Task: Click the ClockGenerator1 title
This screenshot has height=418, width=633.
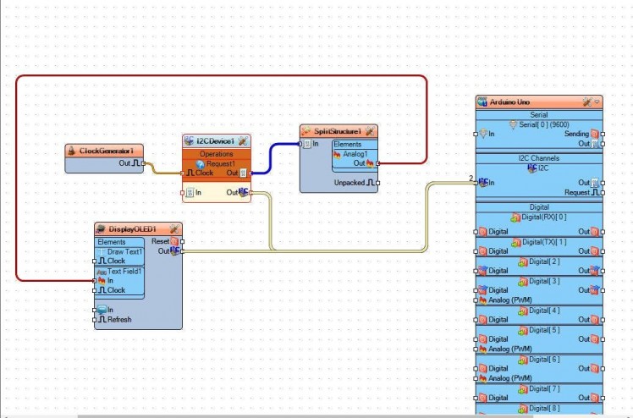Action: (x=107, y=151)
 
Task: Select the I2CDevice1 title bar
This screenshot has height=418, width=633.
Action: (x=216, y=140)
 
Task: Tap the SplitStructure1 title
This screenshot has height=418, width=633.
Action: (x=337, y=131)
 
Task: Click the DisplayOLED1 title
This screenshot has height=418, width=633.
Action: (x=133, y=228)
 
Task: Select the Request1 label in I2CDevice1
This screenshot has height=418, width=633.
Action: (x=221, y=163)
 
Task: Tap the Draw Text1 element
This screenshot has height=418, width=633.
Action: (x=124, y=252)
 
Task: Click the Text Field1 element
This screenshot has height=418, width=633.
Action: (x=124, y=272)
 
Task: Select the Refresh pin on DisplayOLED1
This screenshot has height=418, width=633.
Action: (x=118, y=319)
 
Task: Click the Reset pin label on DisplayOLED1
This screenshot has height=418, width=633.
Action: (x=160, y=241)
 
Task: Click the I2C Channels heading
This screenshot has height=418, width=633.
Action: (x=538, y=158)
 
